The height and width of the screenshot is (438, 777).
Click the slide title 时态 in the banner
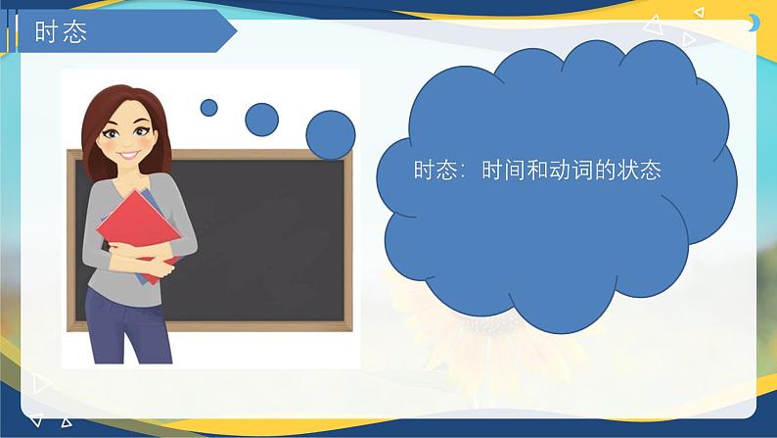click(x=61, y=32)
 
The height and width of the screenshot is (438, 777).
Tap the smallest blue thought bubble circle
click(x=208, y=108)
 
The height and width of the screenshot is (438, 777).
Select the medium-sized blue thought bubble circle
click(x=261, y=120)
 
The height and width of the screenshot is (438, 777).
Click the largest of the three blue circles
click(x=331, y=135)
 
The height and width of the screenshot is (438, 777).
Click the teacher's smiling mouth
click(x=129, y=155)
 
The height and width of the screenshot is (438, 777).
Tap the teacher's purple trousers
click(x=127, y=327)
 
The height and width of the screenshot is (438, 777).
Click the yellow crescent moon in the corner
click(x=754, y=23)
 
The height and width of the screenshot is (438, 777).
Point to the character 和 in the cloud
click(x=536, y=170)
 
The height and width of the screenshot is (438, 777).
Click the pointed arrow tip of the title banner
click(x=237, y=32)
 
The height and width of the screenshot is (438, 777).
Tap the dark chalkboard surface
click(x=257, y=238)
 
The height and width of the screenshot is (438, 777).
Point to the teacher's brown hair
click(x=94, y=129)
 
